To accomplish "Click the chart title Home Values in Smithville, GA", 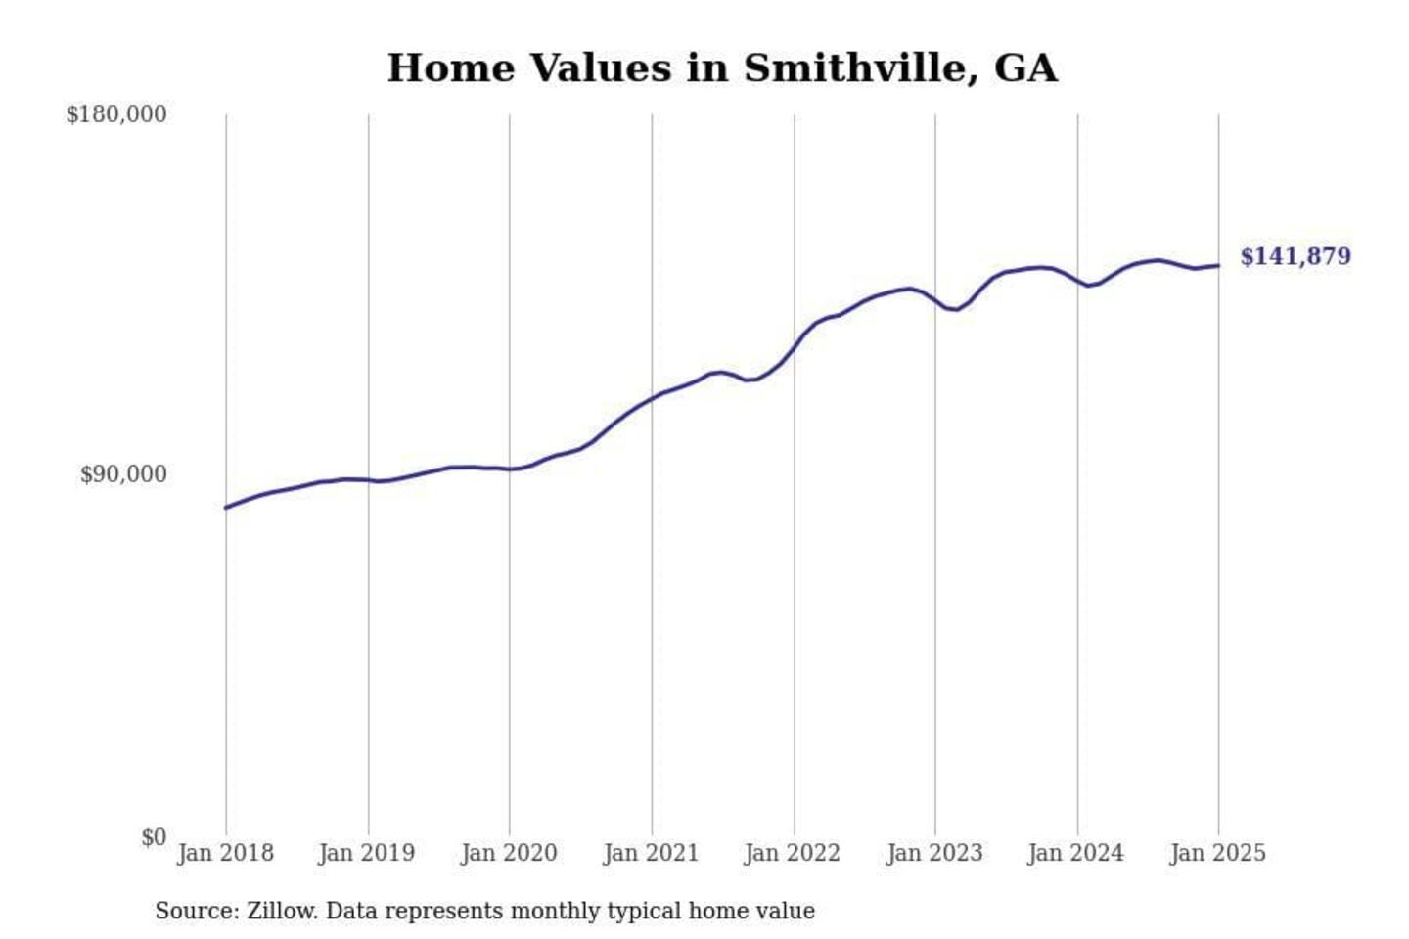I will tap(722, 68).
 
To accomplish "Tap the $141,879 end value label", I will tap(1295, 256).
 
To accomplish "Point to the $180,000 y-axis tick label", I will tap(116, 114).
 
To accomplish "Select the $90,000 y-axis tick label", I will tap(123, 474).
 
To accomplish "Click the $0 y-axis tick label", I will tap(154, 837).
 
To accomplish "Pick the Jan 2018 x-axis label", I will tap(225, 853).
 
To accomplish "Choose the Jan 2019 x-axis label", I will tap(367, 853).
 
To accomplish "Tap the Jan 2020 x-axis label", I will tap(509, 853).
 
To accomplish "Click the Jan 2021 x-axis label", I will tap(651, 853).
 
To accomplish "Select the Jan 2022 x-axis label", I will tap(793, 853).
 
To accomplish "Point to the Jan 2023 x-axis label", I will tap(934, 853).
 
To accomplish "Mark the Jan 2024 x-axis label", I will tap(1076, 853).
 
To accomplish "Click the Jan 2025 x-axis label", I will tap(1218, 853).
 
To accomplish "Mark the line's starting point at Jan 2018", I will tap(226, 508).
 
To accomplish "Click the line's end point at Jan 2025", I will tap(1218, 265).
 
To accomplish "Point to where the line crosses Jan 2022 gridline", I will tap(795, 347).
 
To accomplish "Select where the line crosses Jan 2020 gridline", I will tap(509, 469).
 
